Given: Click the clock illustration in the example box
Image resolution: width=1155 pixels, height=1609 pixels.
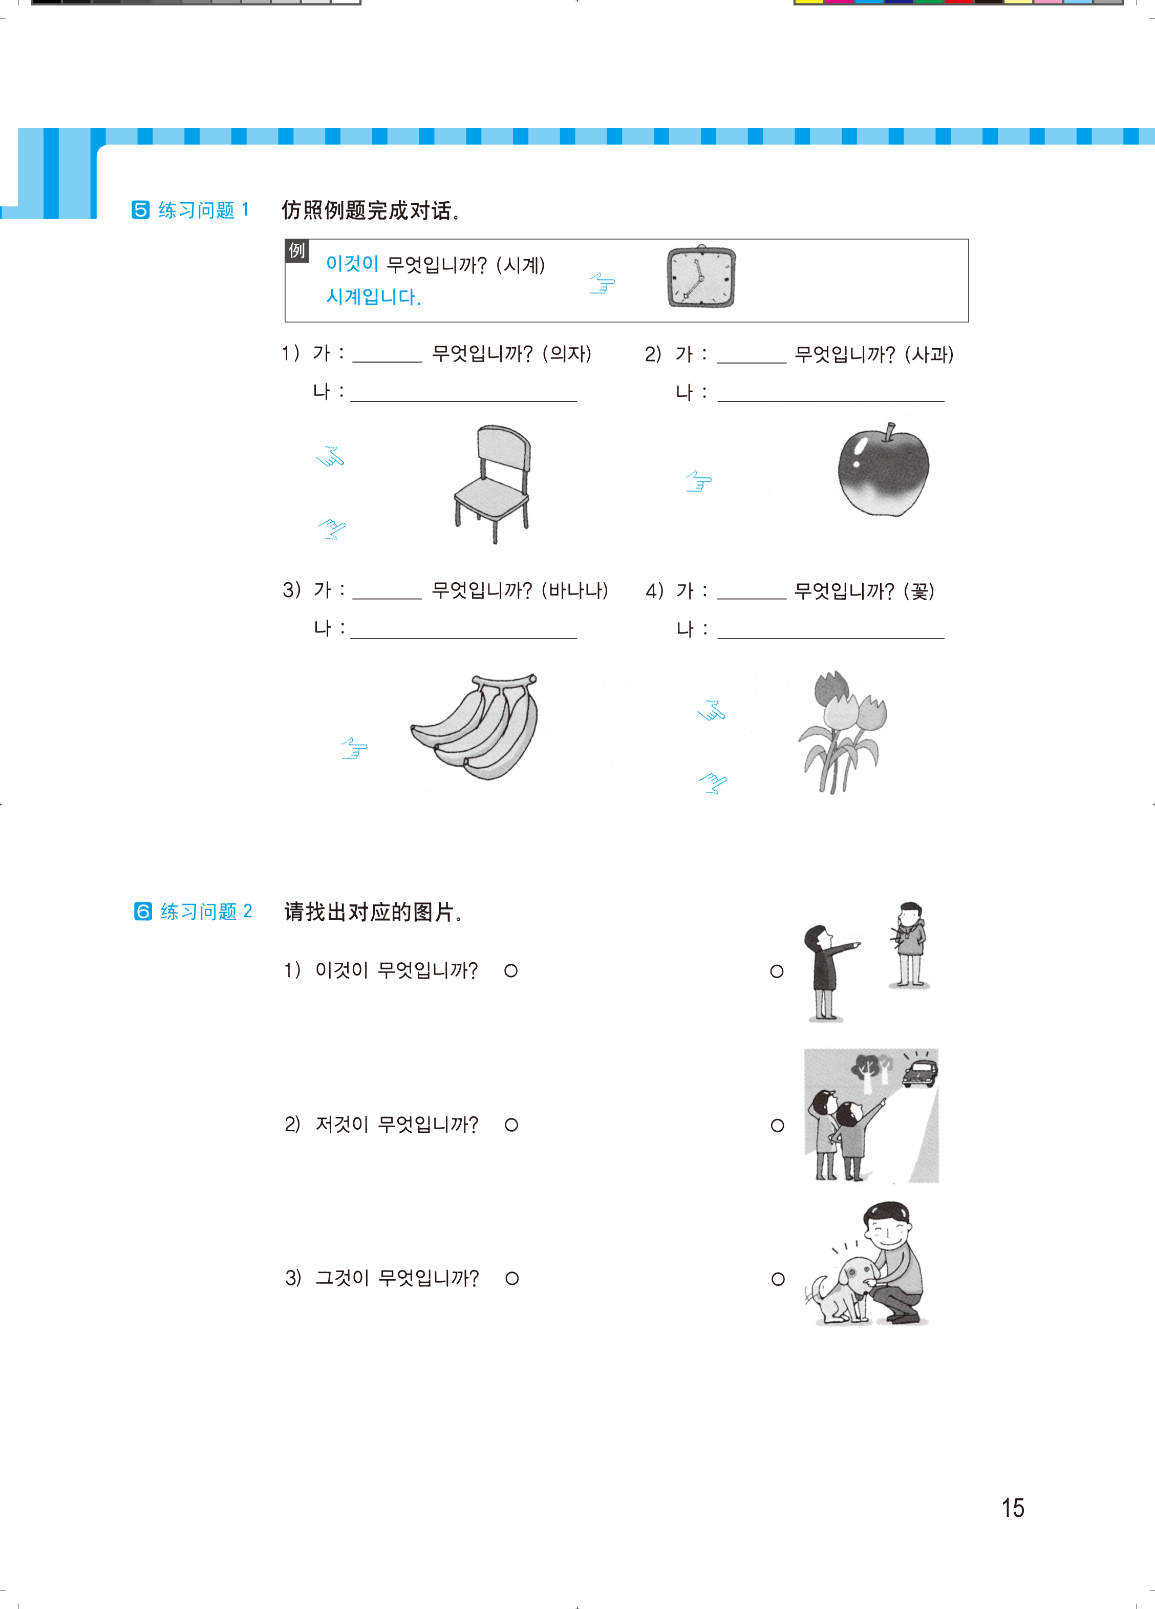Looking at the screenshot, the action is click(x=701, y=277).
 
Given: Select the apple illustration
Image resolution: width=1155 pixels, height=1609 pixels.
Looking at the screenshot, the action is click(x=883, y=470).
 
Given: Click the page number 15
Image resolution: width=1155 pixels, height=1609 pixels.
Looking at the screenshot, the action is click(x=1012, y=1508).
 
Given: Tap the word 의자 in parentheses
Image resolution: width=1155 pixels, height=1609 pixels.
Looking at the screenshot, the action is click(x=567, y=353).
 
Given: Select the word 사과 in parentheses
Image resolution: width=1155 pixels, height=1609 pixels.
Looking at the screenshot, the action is click(x=929, y=354).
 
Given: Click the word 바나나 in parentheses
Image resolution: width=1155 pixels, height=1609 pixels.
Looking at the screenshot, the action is click(x=574, y=590).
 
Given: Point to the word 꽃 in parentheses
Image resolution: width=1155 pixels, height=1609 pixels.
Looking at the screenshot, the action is click(x=919, y=591).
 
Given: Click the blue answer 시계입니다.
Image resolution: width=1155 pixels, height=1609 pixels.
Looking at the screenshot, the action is click(x=374, y=297).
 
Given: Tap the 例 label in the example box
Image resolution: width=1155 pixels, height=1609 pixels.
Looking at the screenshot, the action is click(x=296, y=250).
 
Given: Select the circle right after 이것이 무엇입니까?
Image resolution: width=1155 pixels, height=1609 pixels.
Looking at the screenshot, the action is click(x=511, y=970).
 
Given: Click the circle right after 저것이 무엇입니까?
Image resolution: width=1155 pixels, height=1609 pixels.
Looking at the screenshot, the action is click(x=511, y=1125).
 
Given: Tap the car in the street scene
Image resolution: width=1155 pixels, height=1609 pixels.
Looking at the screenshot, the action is click(x=919, y=1073).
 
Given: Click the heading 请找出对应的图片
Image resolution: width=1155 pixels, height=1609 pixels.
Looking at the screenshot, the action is click(x=374, y=912).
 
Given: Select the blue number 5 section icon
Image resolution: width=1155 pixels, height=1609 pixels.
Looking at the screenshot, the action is click(x=140, y=210).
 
